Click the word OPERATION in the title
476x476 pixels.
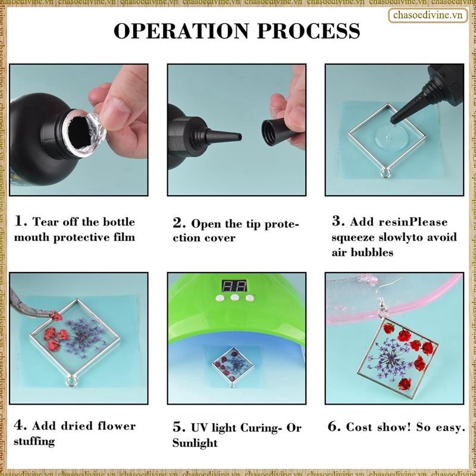click(x=181, y=31)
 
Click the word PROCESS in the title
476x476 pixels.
click(x=309, y=31)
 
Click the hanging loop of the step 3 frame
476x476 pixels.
click(x=386, y=173)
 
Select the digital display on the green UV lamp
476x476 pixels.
click(x=234, y=286)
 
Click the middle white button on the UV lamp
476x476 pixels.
click(x=234, y=297)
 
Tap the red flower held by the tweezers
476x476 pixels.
click(x=57, y=317)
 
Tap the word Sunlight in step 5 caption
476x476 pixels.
click(x=195, y=443)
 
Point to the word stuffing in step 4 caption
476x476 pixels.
click(x=34, y=441)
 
